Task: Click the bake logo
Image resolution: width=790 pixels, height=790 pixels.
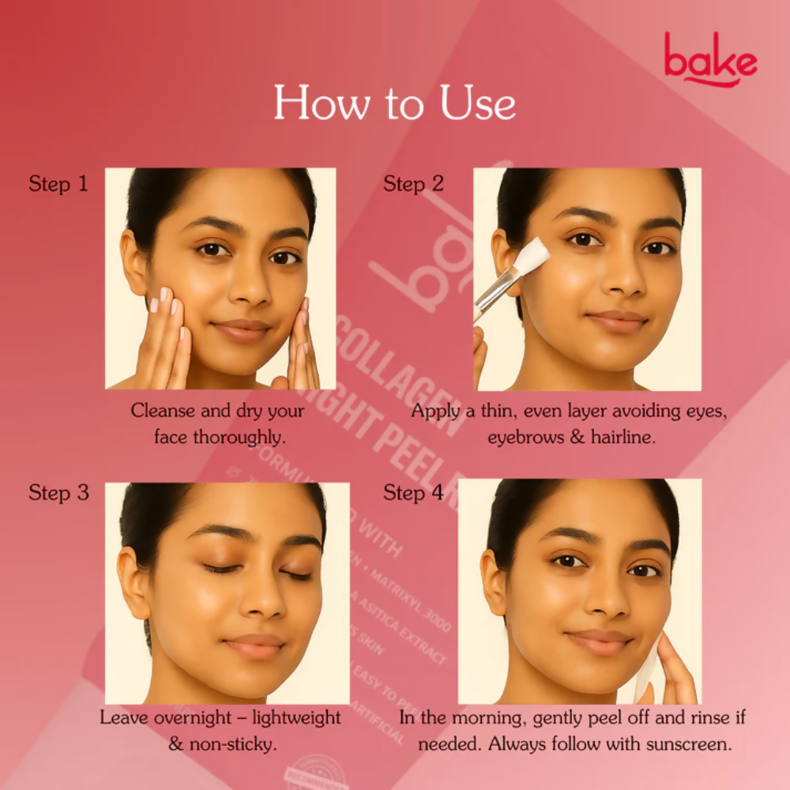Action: [709, 59]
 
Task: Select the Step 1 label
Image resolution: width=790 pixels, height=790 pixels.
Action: [58, 185]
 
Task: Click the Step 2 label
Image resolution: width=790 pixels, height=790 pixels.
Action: [413, 185]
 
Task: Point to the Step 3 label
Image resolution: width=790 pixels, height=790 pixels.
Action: [58, 493]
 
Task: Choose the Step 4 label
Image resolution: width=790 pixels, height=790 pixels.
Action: [413, 493]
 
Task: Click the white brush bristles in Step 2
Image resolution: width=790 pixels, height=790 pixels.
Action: [535, 254]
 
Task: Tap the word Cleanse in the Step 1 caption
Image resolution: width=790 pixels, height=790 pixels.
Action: [162, 411]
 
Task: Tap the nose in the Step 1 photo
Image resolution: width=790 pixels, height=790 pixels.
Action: [251, 287]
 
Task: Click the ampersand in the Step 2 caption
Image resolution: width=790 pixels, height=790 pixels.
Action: [577, 437]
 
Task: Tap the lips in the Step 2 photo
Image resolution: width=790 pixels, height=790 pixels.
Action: [616, 319]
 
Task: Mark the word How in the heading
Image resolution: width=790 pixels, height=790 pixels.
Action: [315, 103]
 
